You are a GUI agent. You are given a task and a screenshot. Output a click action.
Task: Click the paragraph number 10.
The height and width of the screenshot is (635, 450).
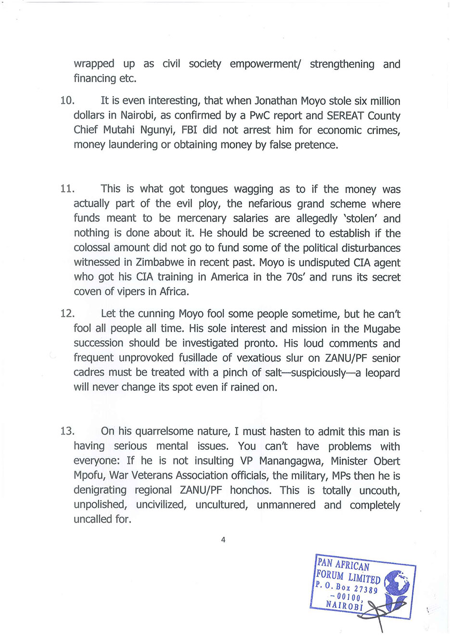point(67,101)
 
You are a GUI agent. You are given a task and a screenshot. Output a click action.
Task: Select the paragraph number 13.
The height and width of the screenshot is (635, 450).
point(67,431)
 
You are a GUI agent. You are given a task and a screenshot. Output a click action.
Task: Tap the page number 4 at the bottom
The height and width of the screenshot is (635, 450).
point(223,539)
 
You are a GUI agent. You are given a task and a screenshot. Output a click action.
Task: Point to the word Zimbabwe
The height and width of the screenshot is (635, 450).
point(159,262)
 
